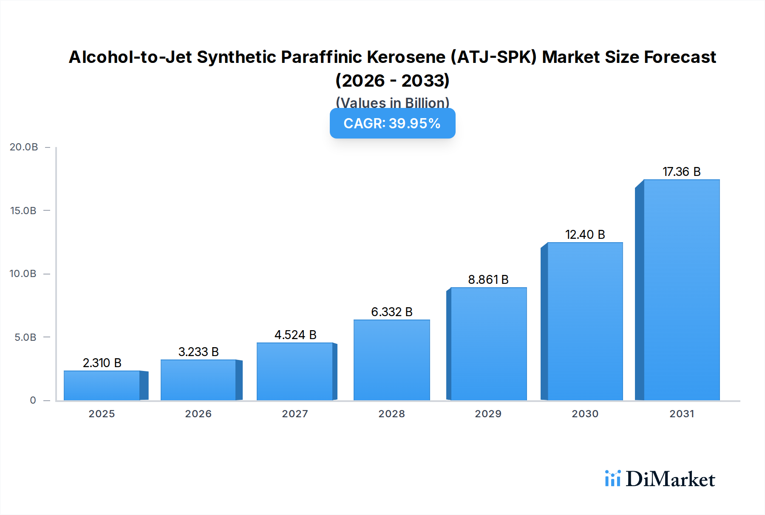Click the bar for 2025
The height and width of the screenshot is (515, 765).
point(102,385)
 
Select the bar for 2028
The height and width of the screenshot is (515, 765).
point(391,360)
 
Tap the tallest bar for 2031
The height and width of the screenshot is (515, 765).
point(681,290)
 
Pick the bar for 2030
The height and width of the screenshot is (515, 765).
point(585,321)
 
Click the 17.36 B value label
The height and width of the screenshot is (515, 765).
point(681,172)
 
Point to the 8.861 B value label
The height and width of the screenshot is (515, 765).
point(488,280)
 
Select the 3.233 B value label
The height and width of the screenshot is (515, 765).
point(198,352)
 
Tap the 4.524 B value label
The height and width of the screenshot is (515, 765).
point(295,335)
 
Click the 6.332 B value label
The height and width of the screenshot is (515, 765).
point(391,312)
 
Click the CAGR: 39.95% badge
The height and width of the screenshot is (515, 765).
point(392,123)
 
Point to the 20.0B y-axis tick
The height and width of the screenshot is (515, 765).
point(24,147)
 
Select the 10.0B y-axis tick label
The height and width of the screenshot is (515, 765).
point(23,274)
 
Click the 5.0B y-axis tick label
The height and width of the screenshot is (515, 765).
point(25,337)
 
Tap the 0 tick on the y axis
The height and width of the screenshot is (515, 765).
point(33,400)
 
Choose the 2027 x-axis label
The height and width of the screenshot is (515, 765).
point(295,414)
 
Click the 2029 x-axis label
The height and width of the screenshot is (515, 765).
point(488,414)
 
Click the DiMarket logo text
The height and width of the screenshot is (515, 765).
point(670,479)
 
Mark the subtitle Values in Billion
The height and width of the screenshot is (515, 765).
point(392,102)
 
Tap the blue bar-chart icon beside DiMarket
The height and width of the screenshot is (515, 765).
point(612,478)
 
